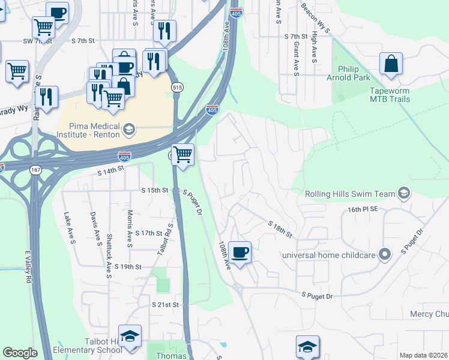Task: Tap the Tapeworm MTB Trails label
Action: point(389,95)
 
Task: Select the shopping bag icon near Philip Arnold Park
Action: point(391,65)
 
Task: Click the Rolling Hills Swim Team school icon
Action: point(404,193)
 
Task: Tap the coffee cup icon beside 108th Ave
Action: point(240,253)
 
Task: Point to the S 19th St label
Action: point(128,266)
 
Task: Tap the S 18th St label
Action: point(280,229)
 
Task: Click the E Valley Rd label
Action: point(28,270)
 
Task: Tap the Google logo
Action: point(20,353)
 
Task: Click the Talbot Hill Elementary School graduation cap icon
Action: point(130,337)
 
